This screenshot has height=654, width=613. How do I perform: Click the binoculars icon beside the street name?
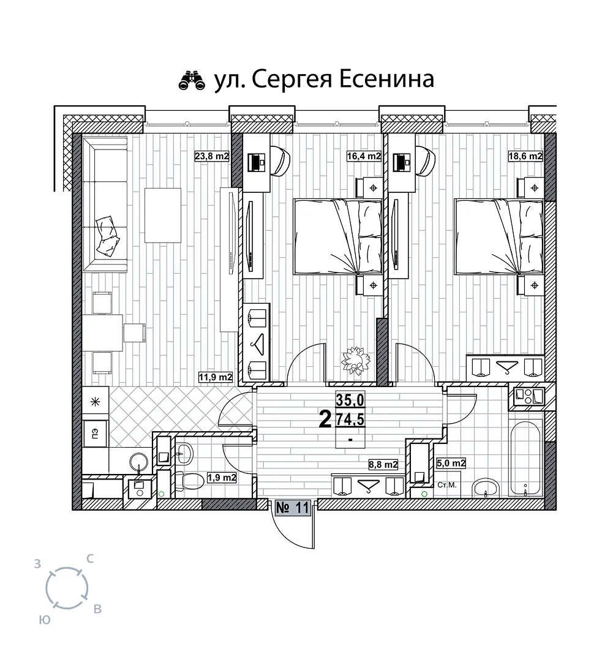tap(192, 81)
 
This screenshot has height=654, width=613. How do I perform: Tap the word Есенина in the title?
tap(386, 79)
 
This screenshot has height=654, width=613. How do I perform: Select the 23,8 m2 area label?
tap(212, 156)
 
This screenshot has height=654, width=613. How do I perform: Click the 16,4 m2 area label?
tap(364, 156)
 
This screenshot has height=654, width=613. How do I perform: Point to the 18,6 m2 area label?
tap(525, 156)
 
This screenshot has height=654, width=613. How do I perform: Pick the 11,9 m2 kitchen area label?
tap(215, 377)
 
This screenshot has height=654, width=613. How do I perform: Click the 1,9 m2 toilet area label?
tap(222, 478)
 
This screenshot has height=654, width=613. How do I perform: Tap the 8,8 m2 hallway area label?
tap(383, 464)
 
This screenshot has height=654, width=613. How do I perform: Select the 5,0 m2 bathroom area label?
tap(451, 463)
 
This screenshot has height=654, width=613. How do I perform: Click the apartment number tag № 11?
tap(293, 508)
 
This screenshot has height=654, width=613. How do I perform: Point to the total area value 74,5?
tap(350, 419)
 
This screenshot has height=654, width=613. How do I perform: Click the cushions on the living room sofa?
tap(108, 236)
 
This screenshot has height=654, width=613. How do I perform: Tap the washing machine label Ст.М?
tap(447, 485)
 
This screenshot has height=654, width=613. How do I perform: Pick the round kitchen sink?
tap(139, 462)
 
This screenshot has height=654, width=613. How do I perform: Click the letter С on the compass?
tap(89, 558)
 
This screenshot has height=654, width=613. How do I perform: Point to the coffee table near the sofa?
tap(163, 215)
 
